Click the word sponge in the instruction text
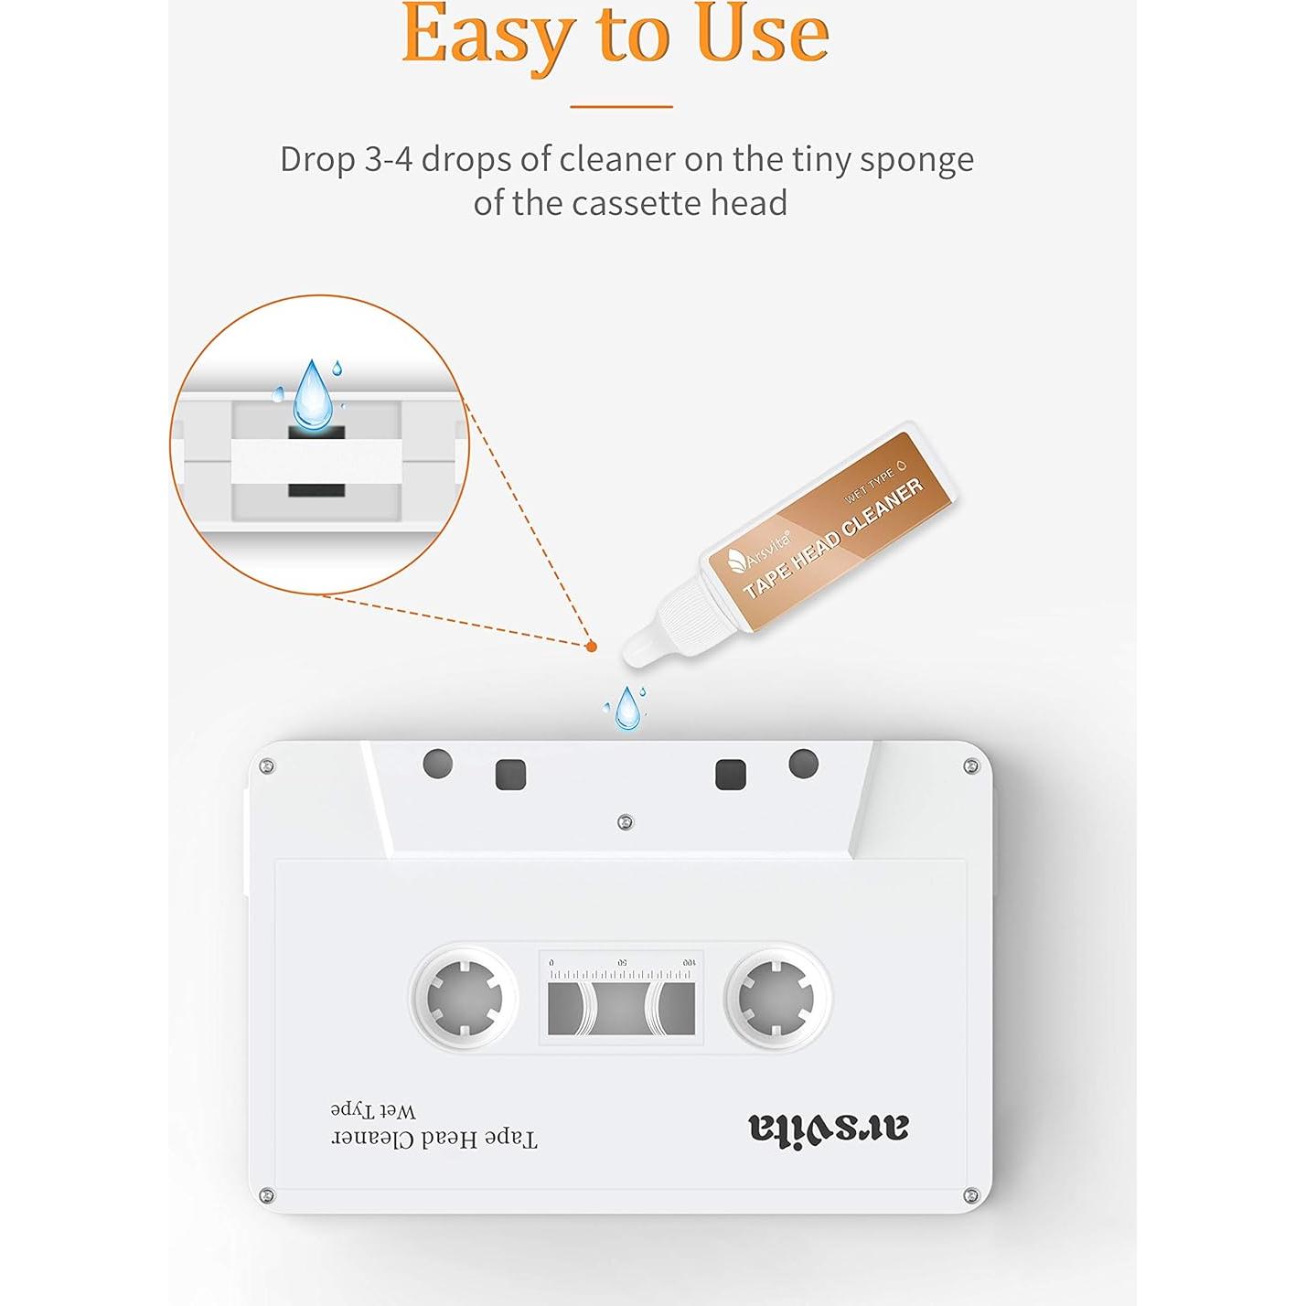917,160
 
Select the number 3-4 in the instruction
389,160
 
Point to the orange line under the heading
622,106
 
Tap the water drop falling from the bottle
626,708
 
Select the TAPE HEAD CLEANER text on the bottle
833,539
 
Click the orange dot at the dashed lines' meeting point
591,648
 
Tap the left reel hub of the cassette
465,998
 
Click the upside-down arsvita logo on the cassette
829,1127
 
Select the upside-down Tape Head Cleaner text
434,1138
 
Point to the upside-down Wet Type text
373,1111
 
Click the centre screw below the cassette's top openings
626,823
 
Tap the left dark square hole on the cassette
511,775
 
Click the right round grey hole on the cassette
804,764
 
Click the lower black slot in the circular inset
316,490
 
